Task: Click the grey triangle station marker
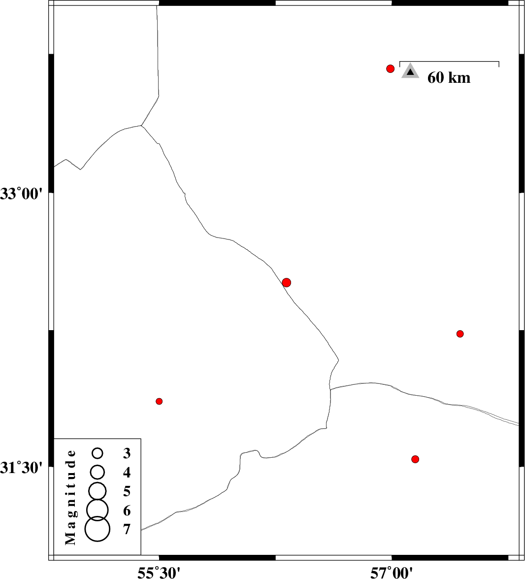[x=410, y=71]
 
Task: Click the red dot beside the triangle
[x=391, y=68]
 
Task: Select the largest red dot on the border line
[x=286, y=282]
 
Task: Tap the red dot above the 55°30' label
[x=159, y=401]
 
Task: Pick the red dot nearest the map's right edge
[x=459, y=334]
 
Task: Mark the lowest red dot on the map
[x=415, y=459]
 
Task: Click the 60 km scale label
[x=449, y=78]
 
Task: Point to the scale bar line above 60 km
[x=449, y=61]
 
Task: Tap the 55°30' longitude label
[x=159, y=573]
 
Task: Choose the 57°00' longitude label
[x=392, y=573]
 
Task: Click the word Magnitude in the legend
[x=70, y=497]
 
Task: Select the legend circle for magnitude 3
[x=98, y=453]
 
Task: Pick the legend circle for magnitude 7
[x=98, y=529]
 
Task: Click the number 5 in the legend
[x=127, y=491]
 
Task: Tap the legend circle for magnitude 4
[x=98, y=472]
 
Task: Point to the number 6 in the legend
[x=127, y=511]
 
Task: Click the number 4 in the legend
[x=127, y=472]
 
